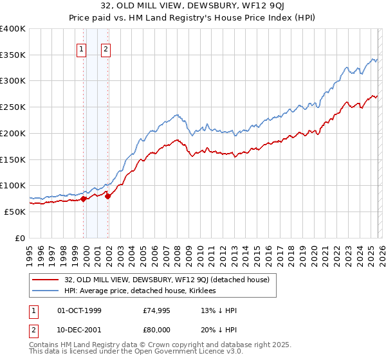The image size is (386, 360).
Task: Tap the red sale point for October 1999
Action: click(83, 199)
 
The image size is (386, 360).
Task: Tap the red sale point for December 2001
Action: click(107, 196)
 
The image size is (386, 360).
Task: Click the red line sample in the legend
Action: click(46, 280)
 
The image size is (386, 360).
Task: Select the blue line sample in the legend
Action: click(46, 291)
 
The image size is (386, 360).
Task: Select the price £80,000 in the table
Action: click(157, 328)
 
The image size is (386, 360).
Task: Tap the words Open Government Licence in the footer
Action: click(177, 352)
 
